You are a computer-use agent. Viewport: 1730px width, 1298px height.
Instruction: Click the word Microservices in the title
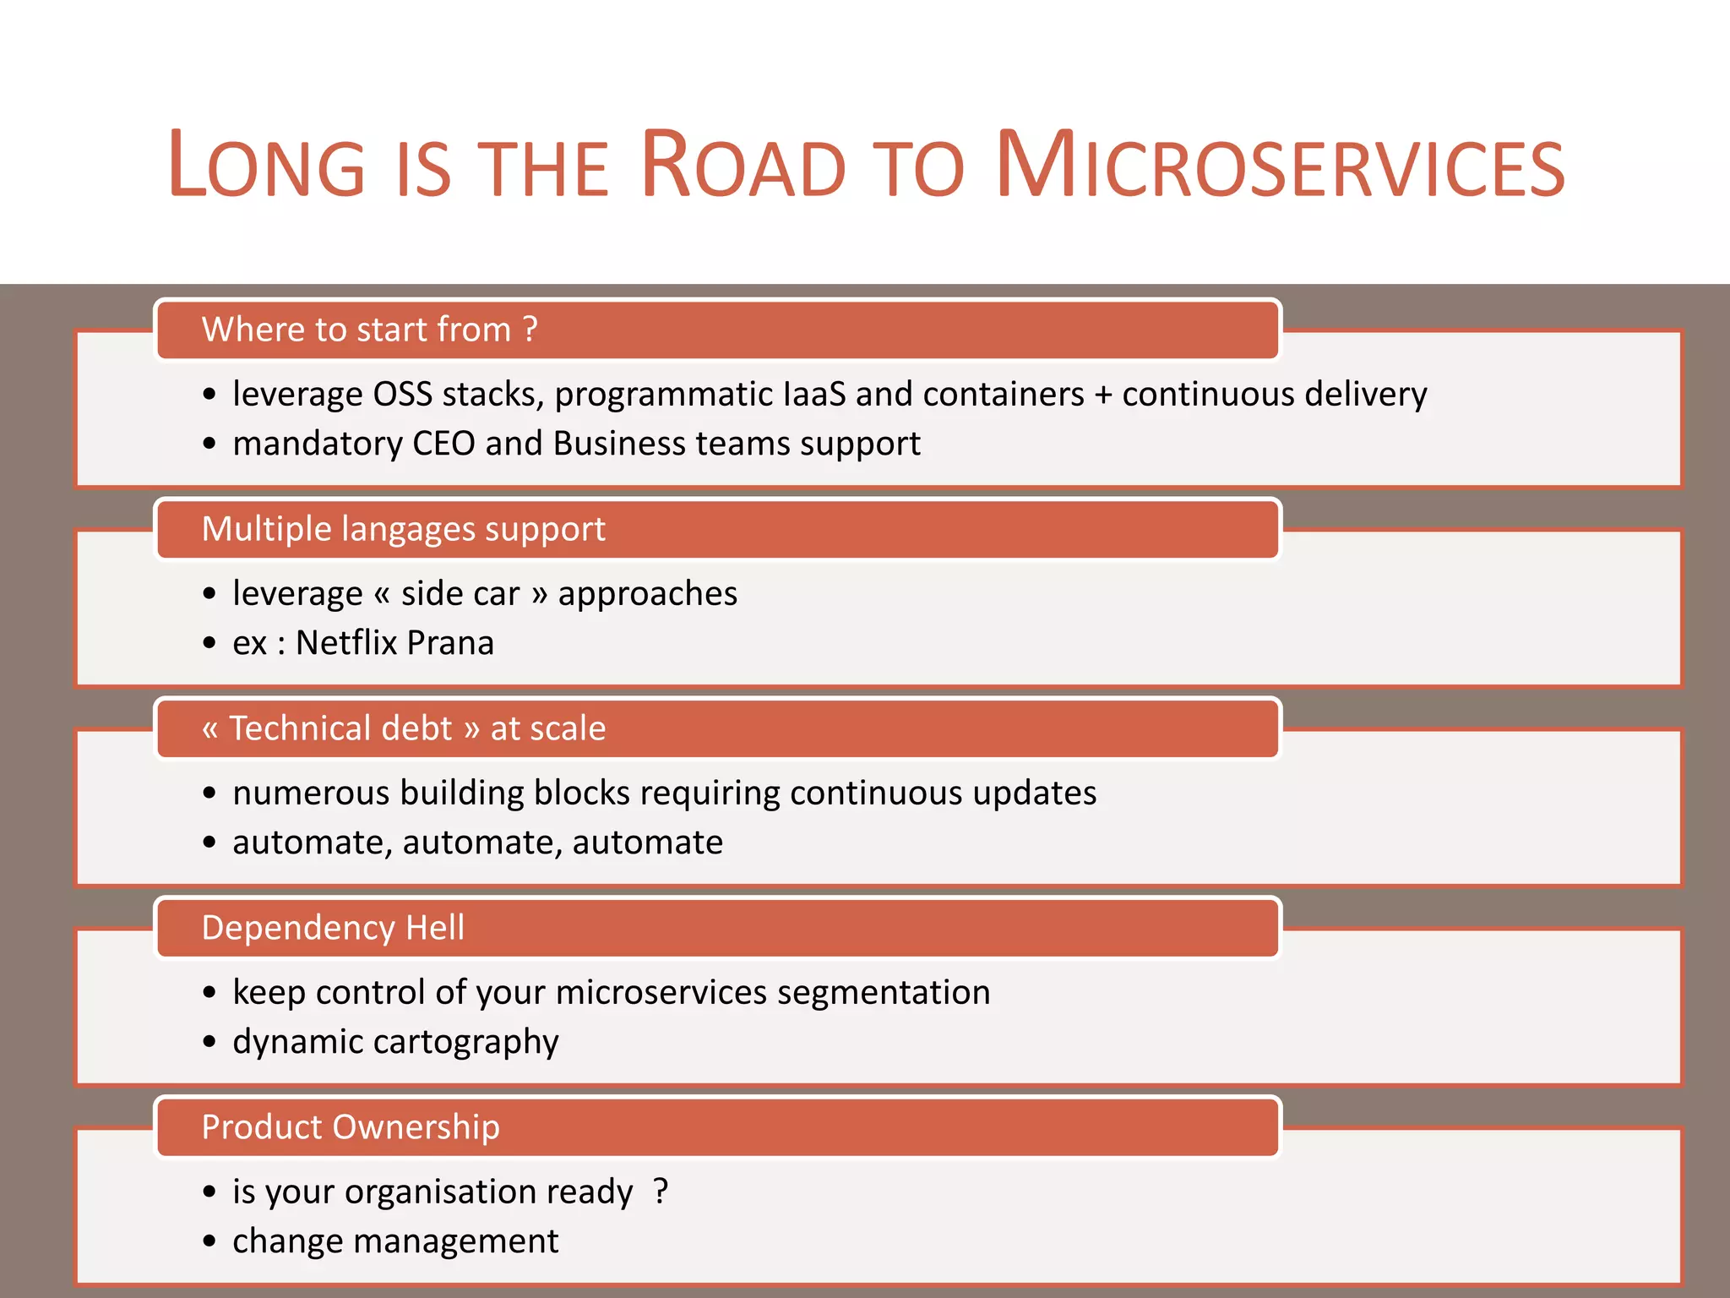point(1281,166)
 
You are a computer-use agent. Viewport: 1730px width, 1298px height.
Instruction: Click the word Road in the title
point(743,166)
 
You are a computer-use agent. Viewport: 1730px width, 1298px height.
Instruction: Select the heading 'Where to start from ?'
point(369,330)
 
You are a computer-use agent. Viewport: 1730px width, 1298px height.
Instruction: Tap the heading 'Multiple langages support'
point(403,529)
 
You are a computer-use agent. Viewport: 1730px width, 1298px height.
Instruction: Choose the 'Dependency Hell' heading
point(333,928)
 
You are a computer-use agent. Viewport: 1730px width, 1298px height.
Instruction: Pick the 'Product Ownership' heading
point(351,1127)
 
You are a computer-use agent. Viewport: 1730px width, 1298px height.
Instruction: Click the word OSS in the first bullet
point(403,394)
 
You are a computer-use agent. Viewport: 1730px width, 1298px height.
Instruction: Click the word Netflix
point(346,643)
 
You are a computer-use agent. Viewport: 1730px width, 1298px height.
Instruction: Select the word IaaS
point(814,394)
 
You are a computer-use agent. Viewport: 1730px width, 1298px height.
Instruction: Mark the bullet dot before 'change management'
point(209,1241)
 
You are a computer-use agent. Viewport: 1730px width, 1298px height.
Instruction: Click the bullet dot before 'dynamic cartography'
point(209,1042)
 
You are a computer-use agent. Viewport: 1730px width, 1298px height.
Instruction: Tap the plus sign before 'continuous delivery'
point(1103,395)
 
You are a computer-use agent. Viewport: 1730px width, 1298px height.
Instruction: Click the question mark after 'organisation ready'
point(661,1191)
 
